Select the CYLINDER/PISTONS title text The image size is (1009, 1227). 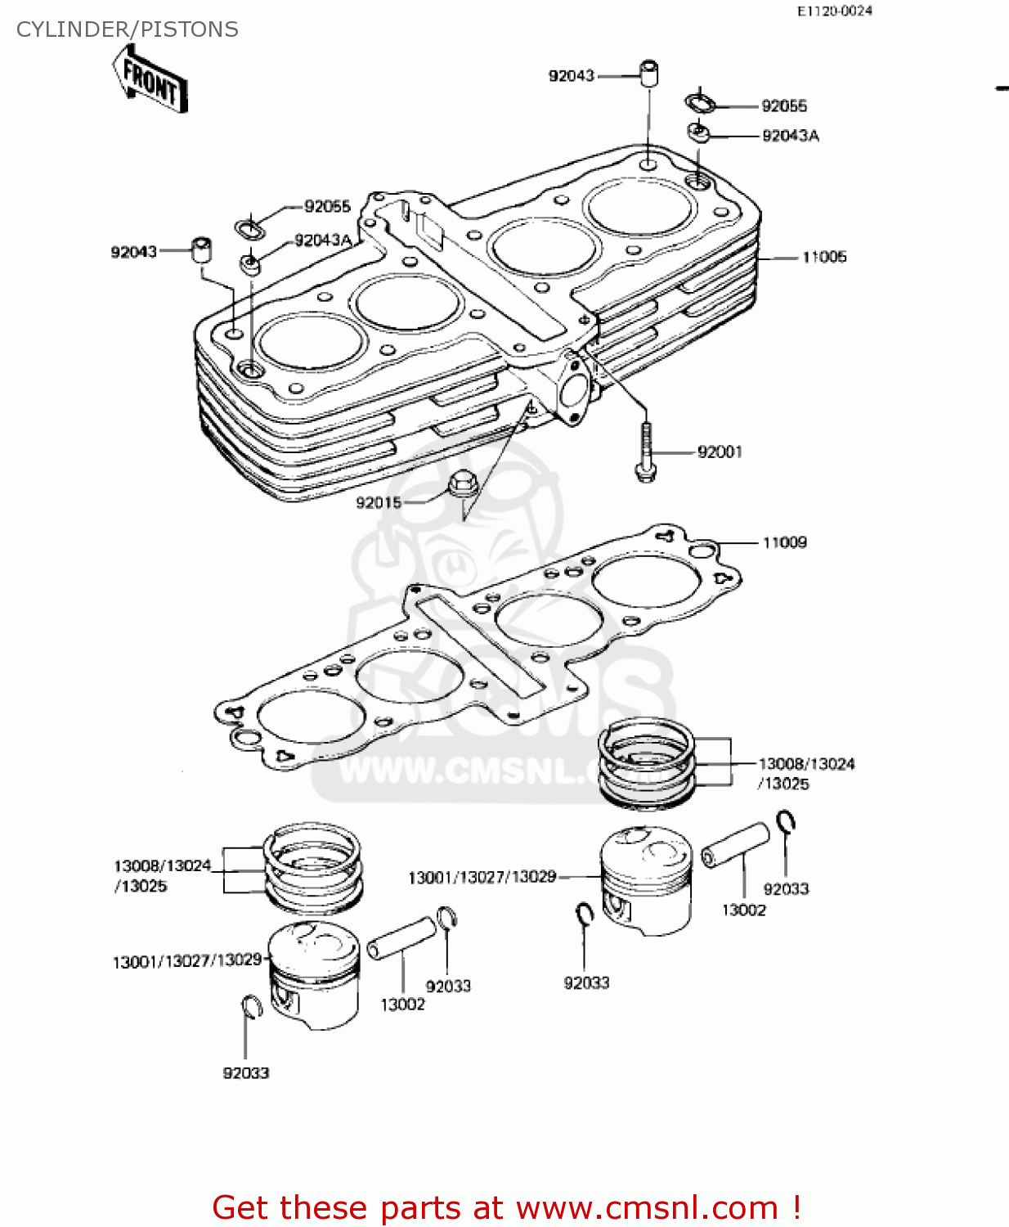(128, 29)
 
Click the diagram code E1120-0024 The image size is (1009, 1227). (835, 11)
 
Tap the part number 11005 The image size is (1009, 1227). (823, 257)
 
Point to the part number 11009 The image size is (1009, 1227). (784, 542)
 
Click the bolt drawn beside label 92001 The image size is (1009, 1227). (646, 453)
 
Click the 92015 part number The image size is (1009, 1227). (379, 502)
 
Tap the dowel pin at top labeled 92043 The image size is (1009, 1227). (649, 74)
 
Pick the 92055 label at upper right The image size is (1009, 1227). (783, 106)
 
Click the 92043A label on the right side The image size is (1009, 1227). (790, 136)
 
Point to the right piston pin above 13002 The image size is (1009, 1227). (735, 845)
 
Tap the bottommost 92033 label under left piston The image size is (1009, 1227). (246, 1072)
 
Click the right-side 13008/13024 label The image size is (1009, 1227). (806, 764)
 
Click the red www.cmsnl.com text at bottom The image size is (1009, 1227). (647, 1207)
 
